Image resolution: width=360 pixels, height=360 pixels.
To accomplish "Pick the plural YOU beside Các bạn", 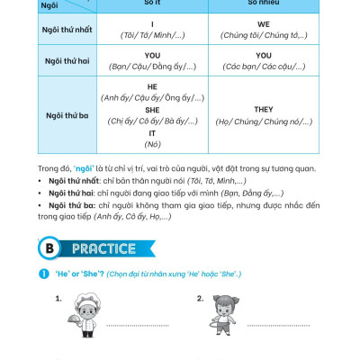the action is [264, 55].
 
